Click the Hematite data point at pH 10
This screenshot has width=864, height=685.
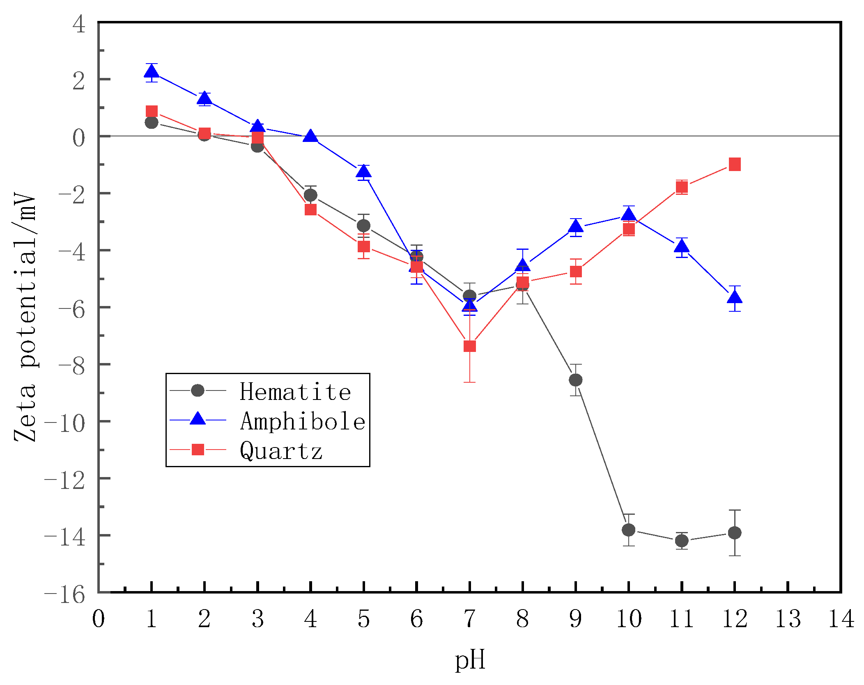628,530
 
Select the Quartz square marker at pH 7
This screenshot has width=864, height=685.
469,346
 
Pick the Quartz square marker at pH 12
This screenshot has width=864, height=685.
734,164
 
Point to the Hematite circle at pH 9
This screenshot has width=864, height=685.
575,380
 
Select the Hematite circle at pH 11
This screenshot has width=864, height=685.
681,541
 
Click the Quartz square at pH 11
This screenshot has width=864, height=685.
681,187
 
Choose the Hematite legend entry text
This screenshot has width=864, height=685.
295,392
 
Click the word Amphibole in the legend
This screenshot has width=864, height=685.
303,421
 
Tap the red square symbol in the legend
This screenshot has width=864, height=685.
198,450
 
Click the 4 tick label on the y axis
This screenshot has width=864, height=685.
79,25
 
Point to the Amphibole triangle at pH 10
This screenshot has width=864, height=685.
628,215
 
